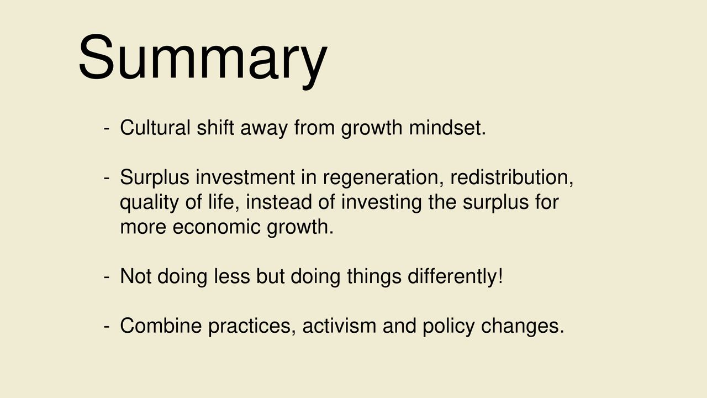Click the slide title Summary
203,60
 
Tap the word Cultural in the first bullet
155,128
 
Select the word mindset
447,128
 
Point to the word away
264,129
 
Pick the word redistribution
511,177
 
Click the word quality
149,203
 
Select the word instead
279,202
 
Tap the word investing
381,203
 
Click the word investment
245,177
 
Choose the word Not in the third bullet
136,276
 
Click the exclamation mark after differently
500,276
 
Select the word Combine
161,326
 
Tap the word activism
339,326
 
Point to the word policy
449,327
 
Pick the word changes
523,327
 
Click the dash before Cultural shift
107,129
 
